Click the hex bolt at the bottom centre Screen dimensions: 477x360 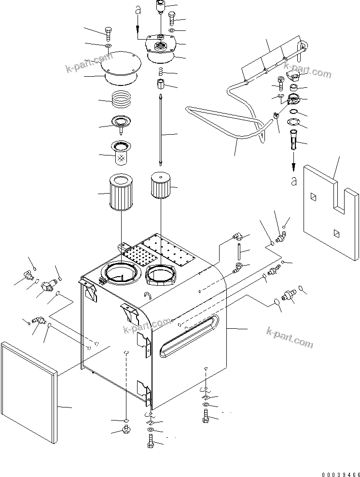[150, 441]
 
